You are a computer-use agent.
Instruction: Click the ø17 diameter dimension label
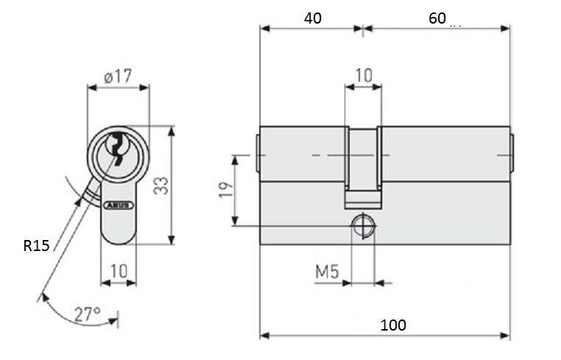(118, 74)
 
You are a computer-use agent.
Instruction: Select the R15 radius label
(35, 246)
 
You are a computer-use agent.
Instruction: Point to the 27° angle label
(88, 314)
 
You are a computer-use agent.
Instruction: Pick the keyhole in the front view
(117, 148)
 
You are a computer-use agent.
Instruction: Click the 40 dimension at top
(312, 18)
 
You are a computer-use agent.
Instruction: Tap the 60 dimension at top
(437, 18)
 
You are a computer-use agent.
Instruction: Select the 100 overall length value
(394, 325)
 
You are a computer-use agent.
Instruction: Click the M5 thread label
(326, 272)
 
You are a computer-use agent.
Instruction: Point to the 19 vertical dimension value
(226, 189)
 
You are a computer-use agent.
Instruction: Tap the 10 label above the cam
(364, 74)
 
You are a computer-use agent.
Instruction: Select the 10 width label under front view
(119, 272)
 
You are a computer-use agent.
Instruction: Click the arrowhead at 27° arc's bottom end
(119, 318)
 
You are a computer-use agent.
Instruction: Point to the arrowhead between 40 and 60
(361, 29)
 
